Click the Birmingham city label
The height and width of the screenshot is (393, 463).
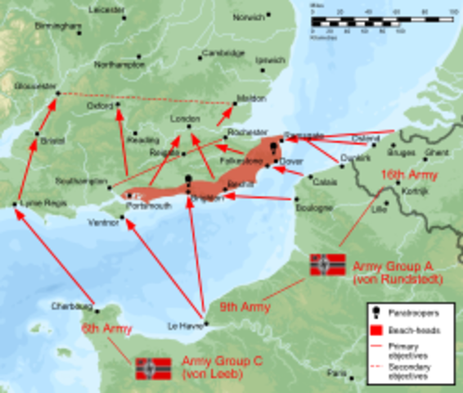[x=58, y=26]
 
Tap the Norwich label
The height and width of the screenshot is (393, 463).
[x=248, y=17]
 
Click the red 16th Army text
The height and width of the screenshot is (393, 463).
[x=409, y=175]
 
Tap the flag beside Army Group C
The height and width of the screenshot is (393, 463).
[x=153, y=368]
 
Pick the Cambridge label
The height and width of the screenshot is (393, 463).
[x=223, y=52]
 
